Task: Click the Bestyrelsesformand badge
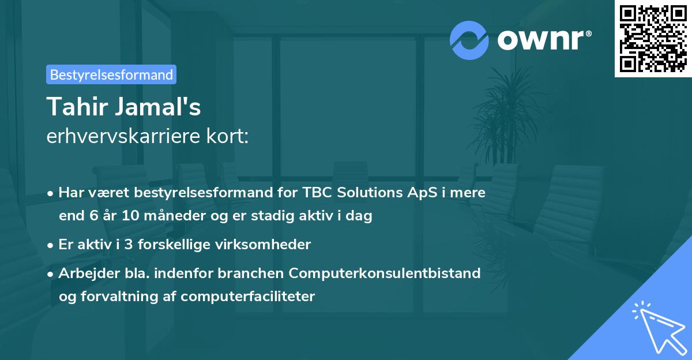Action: (x=111, y=74)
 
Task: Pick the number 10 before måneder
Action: (x=130, y=216)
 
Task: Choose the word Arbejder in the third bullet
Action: (x=84, y=272)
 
